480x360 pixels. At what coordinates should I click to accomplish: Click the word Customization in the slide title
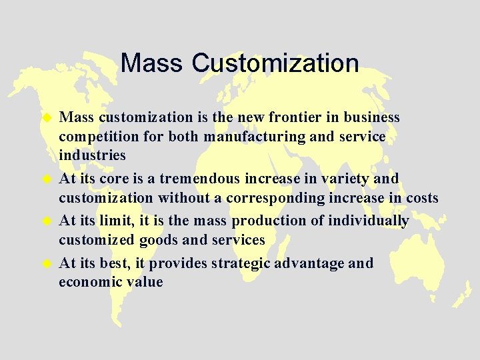(x=275, y=63)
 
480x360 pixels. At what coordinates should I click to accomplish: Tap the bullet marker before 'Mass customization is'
(x=47, y=118)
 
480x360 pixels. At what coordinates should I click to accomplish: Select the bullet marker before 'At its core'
(x=47, y=179)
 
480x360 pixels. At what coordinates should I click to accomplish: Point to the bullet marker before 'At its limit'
(x=47, y=221)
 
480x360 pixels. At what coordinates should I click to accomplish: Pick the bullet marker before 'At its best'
(x=47, y=263)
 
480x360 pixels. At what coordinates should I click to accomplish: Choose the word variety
(x=331, y=179)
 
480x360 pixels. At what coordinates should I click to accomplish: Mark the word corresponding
(x=282, y=199)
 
